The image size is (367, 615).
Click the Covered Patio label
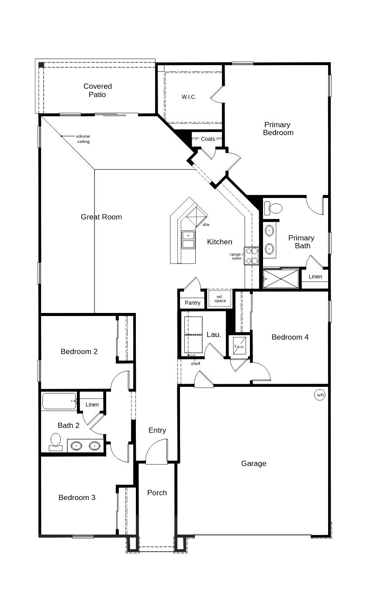[97, 90]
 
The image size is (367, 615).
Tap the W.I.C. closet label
[189, 97]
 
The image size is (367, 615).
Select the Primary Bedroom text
[278, 129]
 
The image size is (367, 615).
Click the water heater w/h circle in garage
[320, 395]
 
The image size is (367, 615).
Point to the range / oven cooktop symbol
[251, 256]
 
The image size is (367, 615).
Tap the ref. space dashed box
[220, 299]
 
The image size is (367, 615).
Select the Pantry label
[192, 303]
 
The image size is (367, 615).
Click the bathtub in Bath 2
[59, 401]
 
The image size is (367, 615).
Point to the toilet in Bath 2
[55, 441]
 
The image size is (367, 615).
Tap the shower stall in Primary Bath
[281, 279]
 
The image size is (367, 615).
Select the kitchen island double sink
[188, 240]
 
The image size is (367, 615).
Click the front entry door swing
[157, 452]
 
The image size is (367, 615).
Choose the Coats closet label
[208, 139]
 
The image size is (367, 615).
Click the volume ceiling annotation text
[83, 139]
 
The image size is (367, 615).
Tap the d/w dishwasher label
[206, 225]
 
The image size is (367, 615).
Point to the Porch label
[157, 493]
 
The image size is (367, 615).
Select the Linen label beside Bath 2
[92, 405]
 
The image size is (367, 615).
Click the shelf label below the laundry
[195, 364]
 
